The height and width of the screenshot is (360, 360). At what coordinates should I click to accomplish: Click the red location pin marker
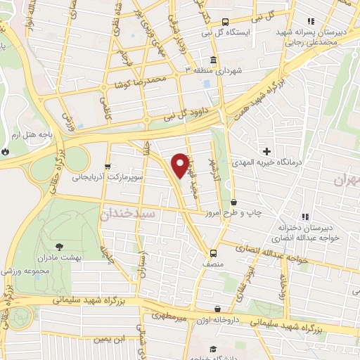point(181,166)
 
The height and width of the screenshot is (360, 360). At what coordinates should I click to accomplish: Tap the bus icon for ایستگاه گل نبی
point(225,21)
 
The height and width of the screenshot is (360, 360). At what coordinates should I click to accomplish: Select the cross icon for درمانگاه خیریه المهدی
point(267,150)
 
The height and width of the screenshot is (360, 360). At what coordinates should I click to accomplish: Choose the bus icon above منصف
point(212,252)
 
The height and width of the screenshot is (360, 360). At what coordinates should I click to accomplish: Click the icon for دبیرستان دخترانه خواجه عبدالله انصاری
point(304,217)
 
